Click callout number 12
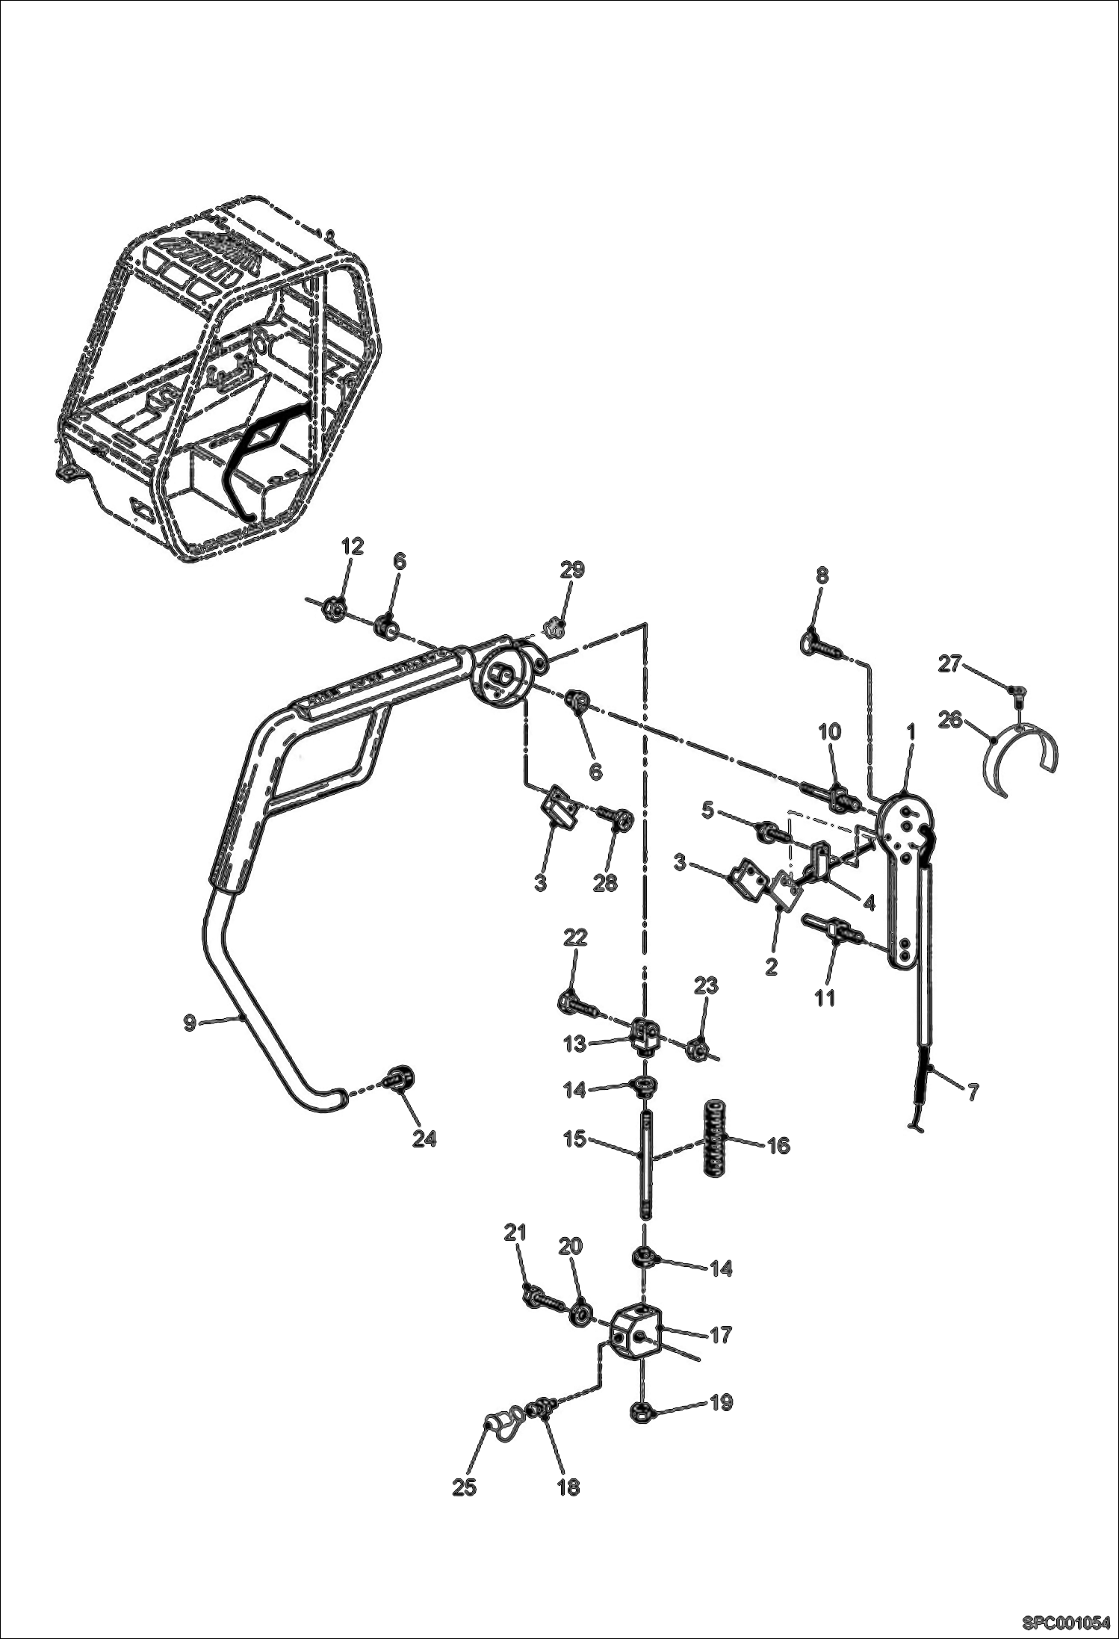[353, 546]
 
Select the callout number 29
[572, 570]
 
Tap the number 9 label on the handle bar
[190, 1022]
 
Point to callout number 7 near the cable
[972, 1093]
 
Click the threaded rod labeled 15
[644, 1169]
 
